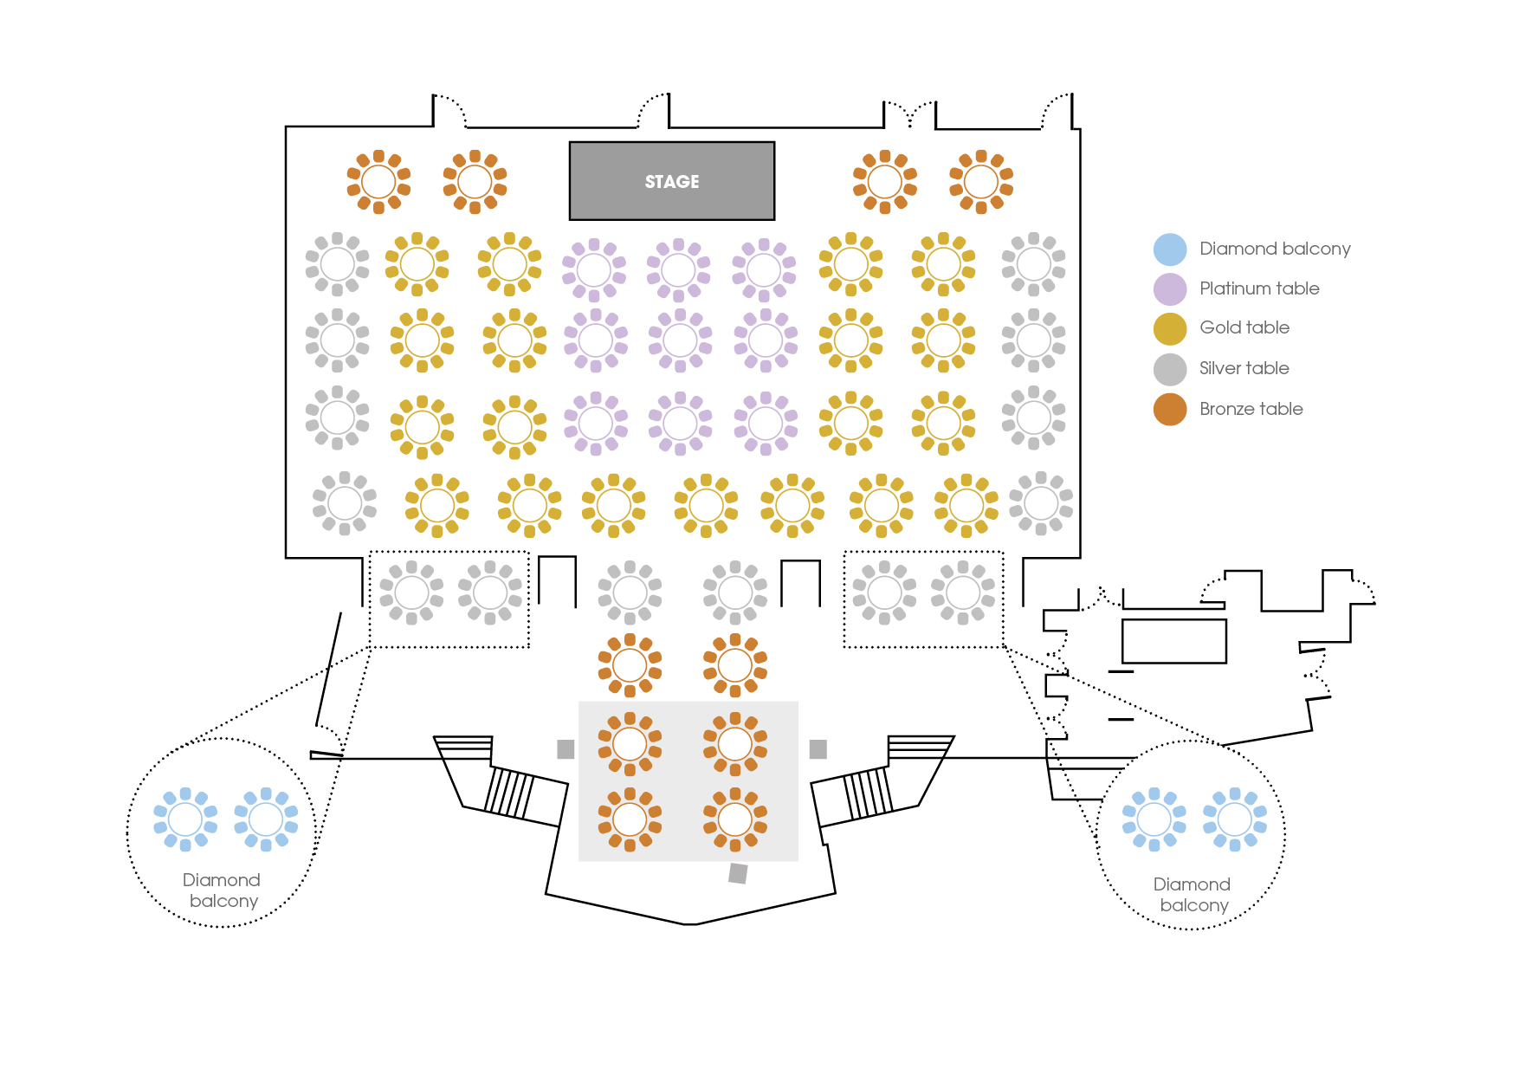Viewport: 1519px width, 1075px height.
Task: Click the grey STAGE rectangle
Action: (672, 181)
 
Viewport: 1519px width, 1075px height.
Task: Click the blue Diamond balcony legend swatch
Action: (1170, 249)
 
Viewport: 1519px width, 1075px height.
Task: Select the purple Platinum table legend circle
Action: (1170, 289)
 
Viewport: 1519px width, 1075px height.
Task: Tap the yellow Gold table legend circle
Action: (1170, 329)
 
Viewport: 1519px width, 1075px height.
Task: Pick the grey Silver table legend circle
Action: (1170, 369)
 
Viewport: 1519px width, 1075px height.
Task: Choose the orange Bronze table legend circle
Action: (1170, 410)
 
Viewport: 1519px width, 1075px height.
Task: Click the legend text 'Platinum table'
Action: (1259, 288)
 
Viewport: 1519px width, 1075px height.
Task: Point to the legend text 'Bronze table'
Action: (1251, 409)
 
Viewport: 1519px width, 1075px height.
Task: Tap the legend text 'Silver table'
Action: (1244, 368)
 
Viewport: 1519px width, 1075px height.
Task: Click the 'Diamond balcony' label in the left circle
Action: (222, 890)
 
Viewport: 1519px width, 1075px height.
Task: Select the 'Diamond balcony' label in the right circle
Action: (1193, 895)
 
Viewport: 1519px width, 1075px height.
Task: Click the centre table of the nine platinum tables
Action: (680, 340)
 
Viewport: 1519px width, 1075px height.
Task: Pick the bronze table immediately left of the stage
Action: (475, 182)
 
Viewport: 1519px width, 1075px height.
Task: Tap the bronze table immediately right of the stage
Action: (885, 182)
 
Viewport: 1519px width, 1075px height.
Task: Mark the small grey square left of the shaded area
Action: (566, 749)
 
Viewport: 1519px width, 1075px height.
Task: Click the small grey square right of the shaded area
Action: (818, 749)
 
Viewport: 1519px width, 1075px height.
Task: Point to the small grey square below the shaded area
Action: (738, 873)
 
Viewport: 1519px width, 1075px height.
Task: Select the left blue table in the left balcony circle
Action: (185, 819)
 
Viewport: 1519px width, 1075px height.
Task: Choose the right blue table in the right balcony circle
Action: (1235, 819)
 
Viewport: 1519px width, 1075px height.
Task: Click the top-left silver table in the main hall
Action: (338, 264)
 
